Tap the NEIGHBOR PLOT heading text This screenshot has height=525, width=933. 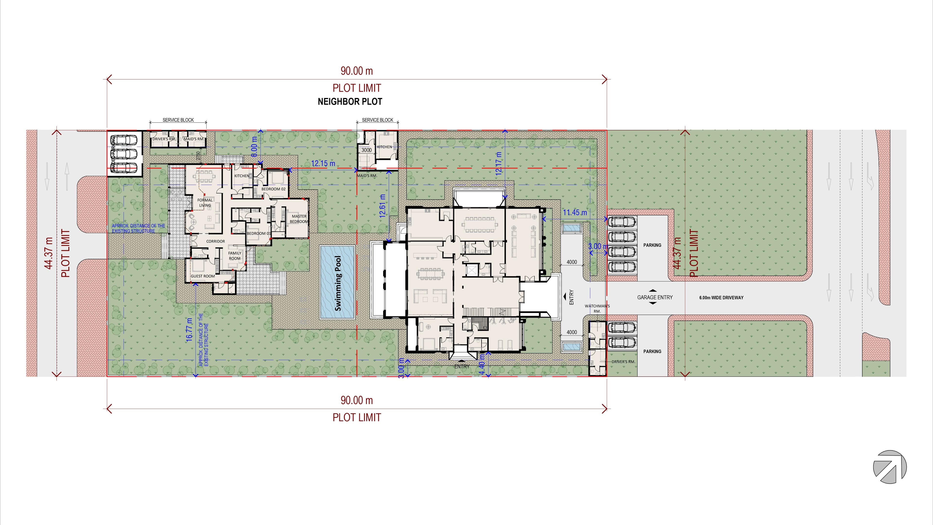[350, 102]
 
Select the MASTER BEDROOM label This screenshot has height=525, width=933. [299, 219]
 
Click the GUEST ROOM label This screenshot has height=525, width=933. [203, 276]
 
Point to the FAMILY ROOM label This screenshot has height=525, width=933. [235, 256]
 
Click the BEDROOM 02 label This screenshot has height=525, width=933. [273, 189]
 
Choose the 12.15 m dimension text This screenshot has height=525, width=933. [323, 163]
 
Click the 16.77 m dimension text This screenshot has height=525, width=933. [189, 330]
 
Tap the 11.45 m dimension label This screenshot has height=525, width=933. [575, 213]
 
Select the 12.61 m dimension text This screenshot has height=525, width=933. [382, 206]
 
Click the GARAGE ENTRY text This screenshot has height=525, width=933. [655, 297]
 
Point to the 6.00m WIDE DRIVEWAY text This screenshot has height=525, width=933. [721, 298]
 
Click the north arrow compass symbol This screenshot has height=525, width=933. [890, 467]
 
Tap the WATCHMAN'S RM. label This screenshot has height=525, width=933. [597, 309]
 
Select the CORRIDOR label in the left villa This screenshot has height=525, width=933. [216, 241]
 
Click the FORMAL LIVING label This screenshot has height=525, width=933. [205, 202]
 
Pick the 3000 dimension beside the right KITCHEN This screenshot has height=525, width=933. [367, 150]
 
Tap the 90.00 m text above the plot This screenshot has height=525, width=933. [356, 71]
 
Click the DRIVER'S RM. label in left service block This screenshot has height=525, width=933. [164, 139]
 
